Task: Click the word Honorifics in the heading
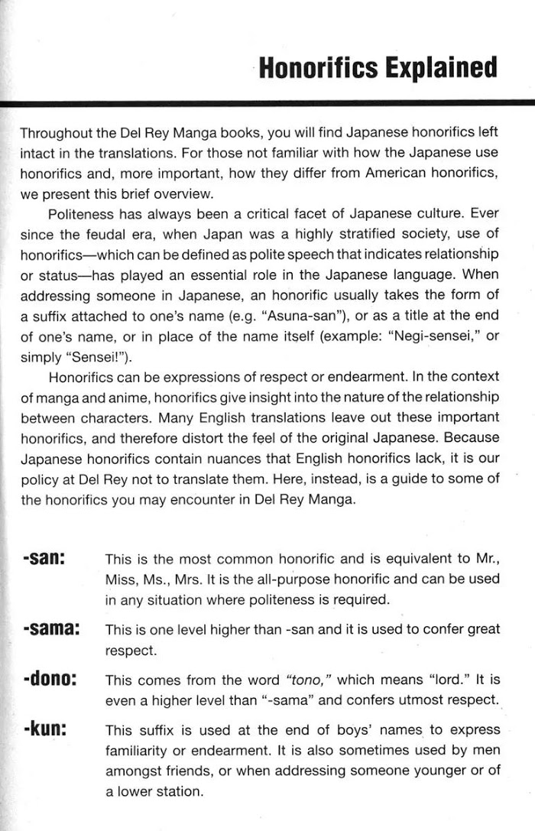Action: [316, 68]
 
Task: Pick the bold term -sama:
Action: [52, 629]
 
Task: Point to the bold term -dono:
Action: [52, 679]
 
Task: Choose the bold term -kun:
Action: [45, 729]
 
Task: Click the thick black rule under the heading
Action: [267, 102]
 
